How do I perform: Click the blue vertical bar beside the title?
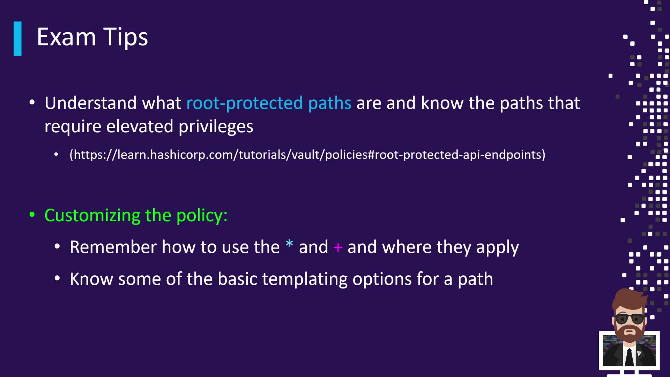[17, 38]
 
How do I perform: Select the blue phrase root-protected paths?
[269, 103]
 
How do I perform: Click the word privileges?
[216, 127]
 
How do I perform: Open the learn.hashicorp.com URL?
[307, 155]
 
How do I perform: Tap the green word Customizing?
[92, 216]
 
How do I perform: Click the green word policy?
[202, 216]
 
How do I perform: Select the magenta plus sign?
[338, 248]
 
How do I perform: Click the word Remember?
[113, 247]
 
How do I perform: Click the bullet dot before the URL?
[56, 155]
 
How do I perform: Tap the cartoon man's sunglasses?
[630, 319]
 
